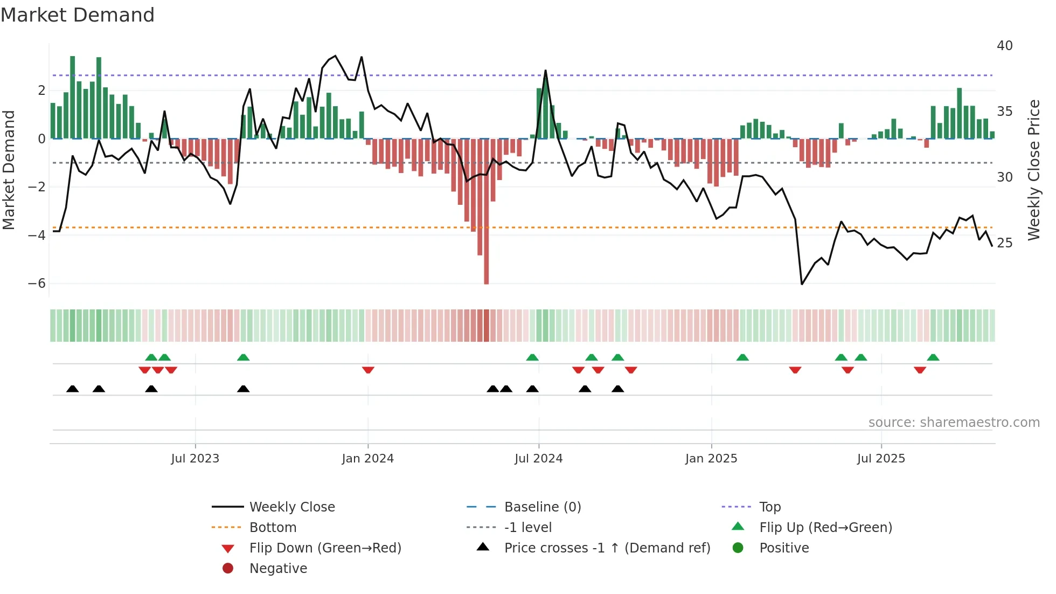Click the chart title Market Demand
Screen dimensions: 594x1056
tap(78, 15)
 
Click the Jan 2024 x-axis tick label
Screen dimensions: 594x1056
tap(367, 459)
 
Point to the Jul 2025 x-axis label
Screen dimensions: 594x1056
tap(881, 459)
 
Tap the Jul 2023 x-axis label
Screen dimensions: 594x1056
tap(195, 459)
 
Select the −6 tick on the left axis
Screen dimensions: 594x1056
tap(37, 284)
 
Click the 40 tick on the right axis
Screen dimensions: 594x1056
tap(1004, 46)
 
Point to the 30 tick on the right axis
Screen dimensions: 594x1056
tap(1004, 177)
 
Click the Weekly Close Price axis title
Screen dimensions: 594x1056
tap(1033, 170)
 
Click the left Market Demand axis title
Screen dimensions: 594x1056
tap(9, 170)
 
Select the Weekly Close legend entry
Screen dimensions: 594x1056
tap(291, 507)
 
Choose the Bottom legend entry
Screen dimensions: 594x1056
tap(273, 528)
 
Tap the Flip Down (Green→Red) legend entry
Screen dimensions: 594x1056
tap(325, 548)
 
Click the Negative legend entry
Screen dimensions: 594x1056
tap(278, 569)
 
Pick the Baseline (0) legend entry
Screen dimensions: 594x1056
tap(542, 507)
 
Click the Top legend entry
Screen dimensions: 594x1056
tap(769, 507)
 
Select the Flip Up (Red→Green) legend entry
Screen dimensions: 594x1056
tap(825, 528)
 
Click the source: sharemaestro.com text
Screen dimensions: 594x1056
tap(954, 423)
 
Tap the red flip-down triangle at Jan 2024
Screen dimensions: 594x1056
tap(368, 370)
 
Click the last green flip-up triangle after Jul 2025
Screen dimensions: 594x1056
tap(933, 357)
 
